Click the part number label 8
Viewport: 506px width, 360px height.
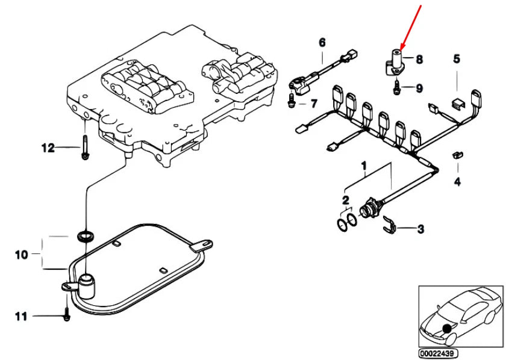click(419, 59)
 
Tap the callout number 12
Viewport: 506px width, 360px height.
click(48, 147)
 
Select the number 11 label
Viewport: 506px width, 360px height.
click(21, 315)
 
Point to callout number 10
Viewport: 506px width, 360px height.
click(21, 255)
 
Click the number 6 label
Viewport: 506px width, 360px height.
click(322, 42)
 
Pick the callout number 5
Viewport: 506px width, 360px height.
click(457, 59)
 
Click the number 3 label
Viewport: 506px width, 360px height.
click(420, 229)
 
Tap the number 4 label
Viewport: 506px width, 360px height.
click(457, 181)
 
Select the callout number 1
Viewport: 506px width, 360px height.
click(363, 164)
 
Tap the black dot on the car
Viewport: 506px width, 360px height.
click(447, 328)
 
